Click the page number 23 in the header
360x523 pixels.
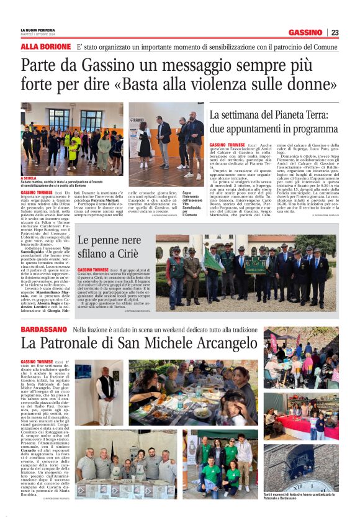[x=335, y=32]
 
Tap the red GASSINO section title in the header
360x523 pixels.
[x=305, y=32]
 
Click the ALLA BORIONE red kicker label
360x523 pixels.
[x=45, y=47]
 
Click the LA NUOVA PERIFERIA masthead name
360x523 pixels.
[x=37, y=30]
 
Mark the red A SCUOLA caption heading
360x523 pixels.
[x=29, y=178]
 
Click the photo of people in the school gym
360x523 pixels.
[x=71, y=139]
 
